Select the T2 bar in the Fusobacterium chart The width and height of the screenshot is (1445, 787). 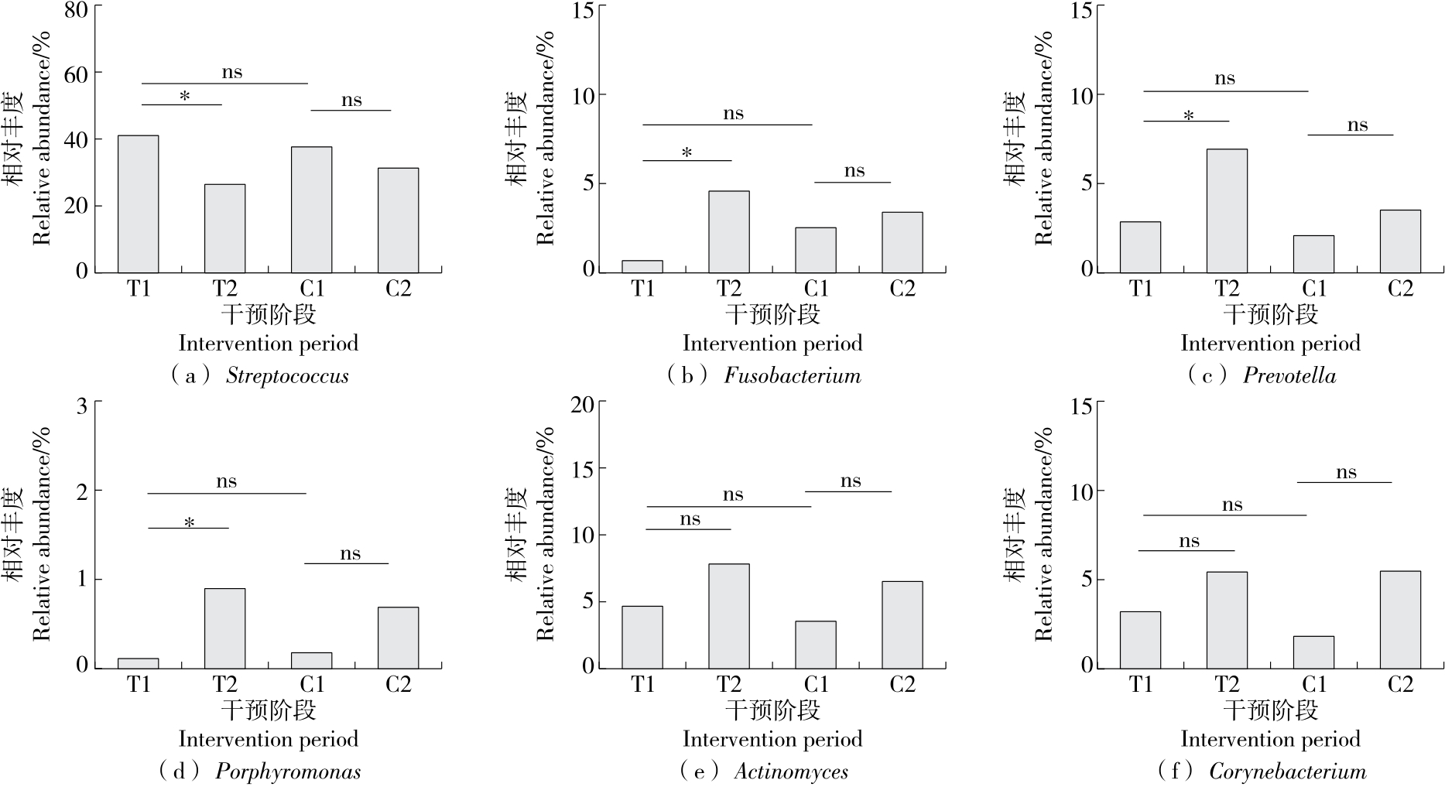pyautogui.click(x=728, y=231)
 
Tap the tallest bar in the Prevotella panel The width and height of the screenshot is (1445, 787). pyautogui.click(x=1227, y=210)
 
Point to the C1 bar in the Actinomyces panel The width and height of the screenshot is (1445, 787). pyautogui.click(x=816, y=644)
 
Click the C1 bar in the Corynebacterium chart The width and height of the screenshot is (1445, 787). pyautogui.click(x=1313, y=652)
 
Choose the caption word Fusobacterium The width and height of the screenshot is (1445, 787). pyautogui.click(x=792, y=376)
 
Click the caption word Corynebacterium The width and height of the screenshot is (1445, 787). pyautogui.click(x=1287, y=772)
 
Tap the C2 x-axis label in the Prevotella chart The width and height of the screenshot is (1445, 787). pyautogui.click(x=1400, y=289)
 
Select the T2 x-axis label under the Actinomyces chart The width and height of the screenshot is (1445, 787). pyautogui.click(x=728, y=684)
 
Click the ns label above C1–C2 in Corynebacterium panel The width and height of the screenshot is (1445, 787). pyautogui.click(x=1346, y=473)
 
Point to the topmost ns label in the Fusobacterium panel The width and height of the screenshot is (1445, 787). pyautogui.click(x=733, y=114)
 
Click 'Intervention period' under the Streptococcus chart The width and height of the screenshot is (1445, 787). pyautogui.click(x=268, y=343)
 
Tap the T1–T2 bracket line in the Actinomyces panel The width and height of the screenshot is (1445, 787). pyautogui.click(x=688, y=529)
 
